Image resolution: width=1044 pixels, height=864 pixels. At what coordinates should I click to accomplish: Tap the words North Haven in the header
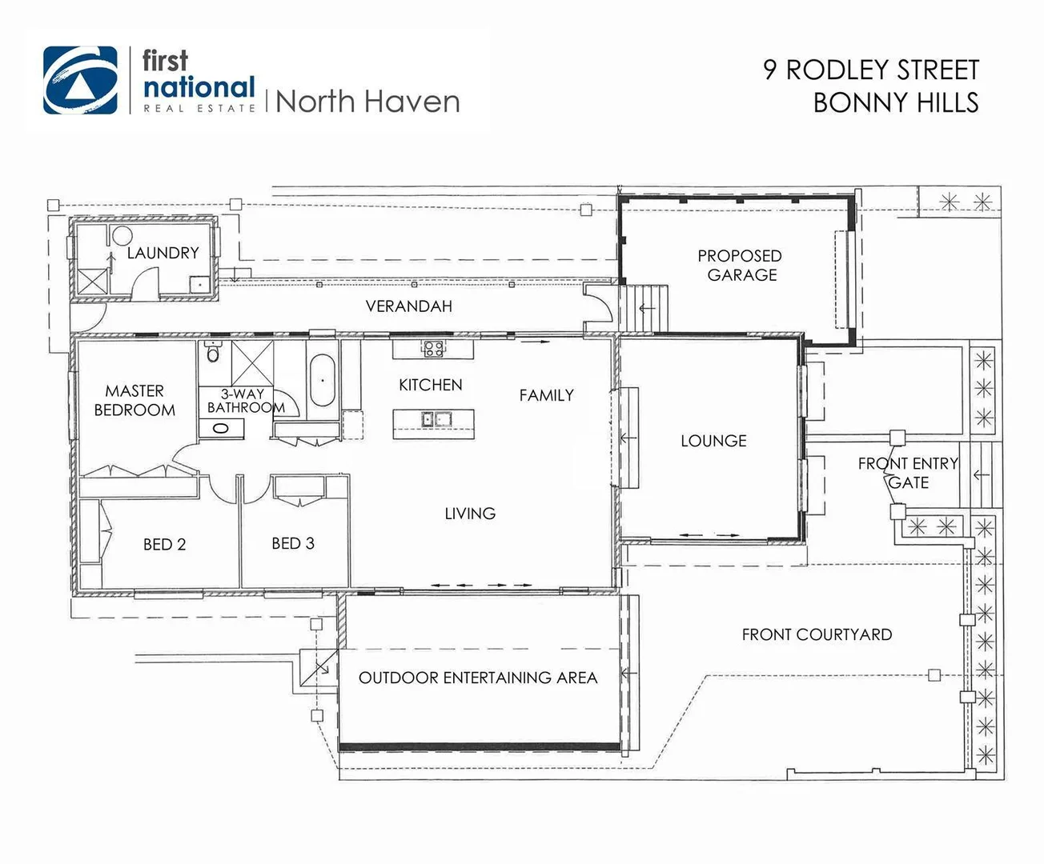click(x=367, y=102)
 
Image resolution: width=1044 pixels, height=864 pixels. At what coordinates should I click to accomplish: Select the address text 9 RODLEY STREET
click(x=871, y=70)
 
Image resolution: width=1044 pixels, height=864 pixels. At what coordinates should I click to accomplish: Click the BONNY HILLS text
click(x=895, y=103)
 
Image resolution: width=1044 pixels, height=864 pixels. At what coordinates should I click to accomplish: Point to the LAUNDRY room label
click(x=163, y=253)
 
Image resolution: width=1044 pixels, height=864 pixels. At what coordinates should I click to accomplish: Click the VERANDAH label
click(x=408, y=306)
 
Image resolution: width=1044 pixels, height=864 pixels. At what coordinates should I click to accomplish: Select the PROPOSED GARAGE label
click(x=740, y=266)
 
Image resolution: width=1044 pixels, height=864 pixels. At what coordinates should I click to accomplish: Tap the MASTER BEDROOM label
click(x=135, y=401)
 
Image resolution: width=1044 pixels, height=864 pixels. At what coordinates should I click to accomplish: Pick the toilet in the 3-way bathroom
click(x=213, y=352)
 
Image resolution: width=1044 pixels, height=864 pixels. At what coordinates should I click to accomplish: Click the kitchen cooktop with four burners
click(x=433, y=349)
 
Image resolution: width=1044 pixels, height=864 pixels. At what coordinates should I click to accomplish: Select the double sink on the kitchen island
click(x=433, y=418)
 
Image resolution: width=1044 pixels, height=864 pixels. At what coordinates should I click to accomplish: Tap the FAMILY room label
click(x=546, y=395)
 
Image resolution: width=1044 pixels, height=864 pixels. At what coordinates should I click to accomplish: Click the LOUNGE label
click(x=713, y=441)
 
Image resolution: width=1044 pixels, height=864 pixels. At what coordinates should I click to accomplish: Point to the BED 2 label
click(x=164, y=545)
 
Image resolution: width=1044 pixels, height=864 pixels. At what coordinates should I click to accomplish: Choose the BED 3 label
click(x=293, y=544)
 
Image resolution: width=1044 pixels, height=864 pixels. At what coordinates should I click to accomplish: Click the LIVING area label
click(x=470, y=514)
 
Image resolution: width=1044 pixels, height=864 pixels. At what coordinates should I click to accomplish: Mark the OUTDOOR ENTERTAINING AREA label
click(x=478, y=678)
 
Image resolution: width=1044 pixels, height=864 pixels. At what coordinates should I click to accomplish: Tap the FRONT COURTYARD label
click(x=817, y=635)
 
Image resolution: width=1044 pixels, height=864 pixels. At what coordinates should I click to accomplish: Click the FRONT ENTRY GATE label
click(x=908, y=473)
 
